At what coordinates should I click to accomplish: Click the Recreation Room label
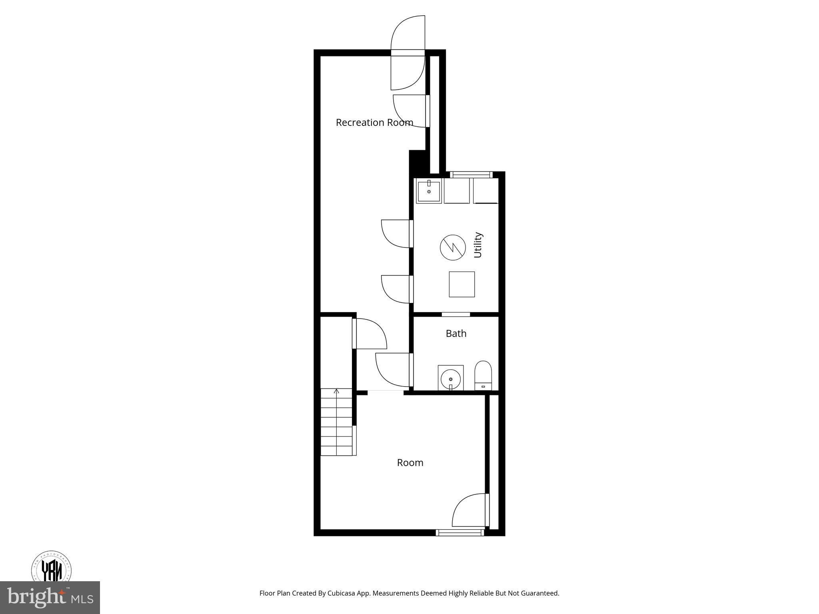pyautogui.click(x=374, y=123)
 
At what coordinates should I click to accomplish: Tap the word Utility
pyautogui.click(x=478, y=245)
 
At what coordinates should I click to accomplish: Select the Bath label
pyautogui.click(x=456, y=333)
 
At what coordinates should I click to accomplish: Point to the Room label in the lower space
pyautogui.click(x=410, y=462)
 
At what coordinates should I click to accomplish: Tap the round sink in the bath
pyautogui.click(x=451, y=378)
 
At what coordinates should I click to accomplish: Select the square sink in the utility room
pyautogui.click(x=429, y=191)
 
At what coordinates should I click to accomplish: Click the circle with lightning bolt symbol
pyautogui.click(x=453, y=247)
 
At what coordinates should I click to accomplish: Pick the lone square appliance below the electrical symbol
pyautogui.click(x=461, y=284)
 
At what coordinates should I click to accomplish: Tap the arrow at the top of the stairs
pyautogui.click(x=337, y=391)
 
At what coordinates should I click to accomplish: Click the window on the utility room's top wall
pyautogui.click(x=471, y=174)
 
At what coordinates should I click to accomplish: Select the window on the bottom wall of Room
pyautogui.click(x=460, y=532)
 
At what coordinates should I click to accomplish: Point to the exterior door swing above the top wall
pyautogui.click(x=408, y=33)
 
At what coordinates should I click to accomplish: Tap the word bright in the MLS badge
pyautogui.click(x=36, y=597)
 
